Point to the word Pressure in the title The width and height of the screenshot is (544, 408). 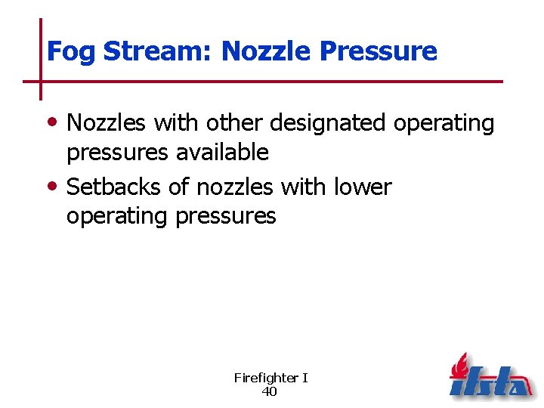tap(379, 51)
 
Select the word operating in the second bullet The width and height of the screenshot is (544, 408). tap(117, 217)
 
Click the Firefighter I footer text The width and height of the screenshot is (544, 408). tap(270, 378)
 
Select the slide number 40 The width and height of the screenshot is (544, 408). tap(269, 391)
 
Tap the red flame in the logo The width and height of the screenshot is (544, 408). tap(459, 367)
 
